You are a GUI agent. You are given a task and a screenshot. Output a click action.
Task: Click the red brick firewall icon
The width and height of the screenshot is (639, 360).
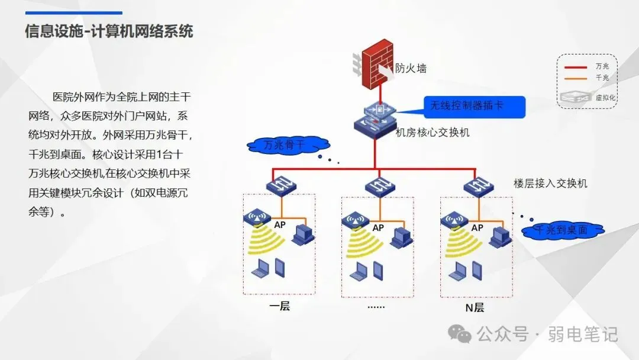tap(379, 64)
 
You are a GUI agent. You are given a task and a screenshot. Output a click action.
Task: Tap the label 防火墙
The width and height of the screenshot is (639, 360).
tap(411, 69)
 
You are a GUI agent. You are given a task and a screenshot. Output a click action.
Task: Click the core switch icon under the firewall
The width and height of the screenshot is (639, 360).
tap(374, 118)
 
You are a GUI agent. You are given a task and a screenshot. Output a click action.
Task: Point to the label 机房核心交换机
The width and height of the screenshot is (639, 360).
tap(433, 133)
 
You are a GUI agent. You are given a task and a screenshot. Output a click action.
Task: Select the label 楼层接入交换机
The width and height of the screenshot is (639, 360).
tap(550, 184)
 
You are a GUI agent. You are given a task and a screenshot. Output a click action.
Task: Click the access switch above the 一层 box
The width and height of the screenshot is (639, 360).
tap(280, 187)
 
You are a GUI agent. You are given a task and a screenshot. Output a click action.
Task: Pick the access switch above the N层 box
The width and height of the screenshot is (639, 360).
tap(478, 187)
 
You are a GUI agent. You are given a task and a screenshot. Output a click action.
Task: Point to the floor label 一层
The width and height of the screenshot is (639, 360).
tap(279, 307)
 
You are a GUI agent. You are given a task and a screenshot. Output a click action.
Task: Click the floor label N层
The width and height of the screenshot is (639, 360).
tap(475, 307)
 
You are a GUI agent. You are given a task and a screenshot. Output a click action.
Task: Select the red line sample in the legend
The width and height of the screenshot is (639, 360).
tap(575, 67)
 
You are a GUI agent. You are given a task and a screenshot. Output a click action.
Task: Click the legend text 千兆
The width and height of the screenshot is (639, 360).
tap(602, 78)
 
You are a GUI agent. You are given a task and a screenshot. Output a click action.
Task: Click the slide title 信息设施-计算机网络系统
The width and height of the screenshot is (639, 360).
tap(109, 31)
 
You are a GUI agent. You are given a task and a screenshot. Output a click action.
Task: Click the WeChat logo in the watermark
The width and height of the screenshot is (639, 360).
tap(460, 334)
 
